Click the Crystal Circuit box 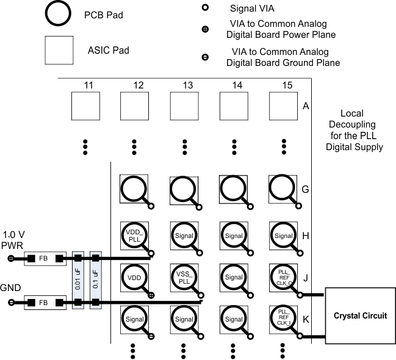click(x=360, y=315)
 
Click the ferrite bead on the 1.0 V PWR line click(x=43, y=259)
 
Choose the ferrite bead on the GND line click(x=43, y=301)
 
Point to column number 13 click(x=184, y=85)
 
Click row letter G click(x=305, y=189)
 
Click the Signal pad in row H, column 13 click(x=184, y=236)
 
